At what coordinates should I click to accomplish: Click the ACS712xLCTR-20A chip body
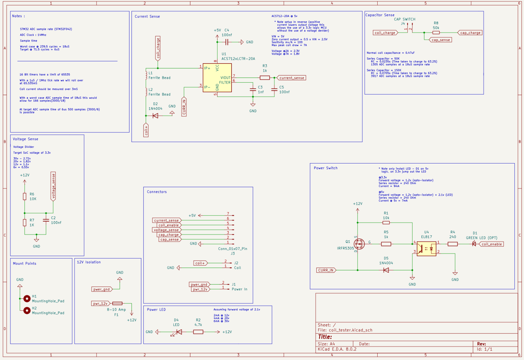(x=217, y=78)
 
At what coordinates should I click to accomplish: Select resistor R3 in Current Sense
(x=265, y=78)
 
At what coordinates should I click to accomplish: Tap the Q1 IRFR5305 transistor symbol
(x=359, y=244)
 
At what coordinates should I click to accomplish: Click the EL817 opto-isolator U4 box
(x=426, y=249)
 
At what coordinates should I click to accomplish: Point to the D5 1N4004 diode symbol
(x=386, y=270)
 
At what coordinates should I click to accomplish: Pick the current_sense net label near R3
(x=291, y=78)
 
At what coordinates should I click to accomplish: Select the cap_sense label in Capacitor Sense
(x=440, y=40)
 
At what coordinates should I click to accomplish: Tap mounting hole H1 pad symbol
(x=27, y=298)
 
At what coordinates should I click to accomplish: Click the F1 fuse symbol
(x=117, y=303)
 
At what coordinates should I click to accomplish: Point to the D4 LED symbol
(x=179, y=332)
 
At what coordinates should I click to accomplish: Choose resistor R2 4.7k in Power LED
(x=198, y=332)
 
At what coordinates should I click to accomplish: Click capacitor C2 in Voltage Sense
(x=46, y=220)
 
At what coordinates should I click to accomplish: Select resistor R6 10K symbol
(x=25, y=196)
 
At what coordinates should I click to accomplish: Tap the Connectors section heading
(x=157, y=192)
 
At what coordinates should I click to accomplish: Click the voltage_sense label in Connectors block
(x=166, y=230)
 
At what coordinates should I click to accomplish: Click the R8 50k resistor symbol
(x=436, y=32)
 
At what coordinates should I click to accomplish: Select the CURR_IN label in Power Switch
(x=326, y=270)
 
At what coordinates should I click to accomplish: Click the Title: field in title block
(x=325, y=337)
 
